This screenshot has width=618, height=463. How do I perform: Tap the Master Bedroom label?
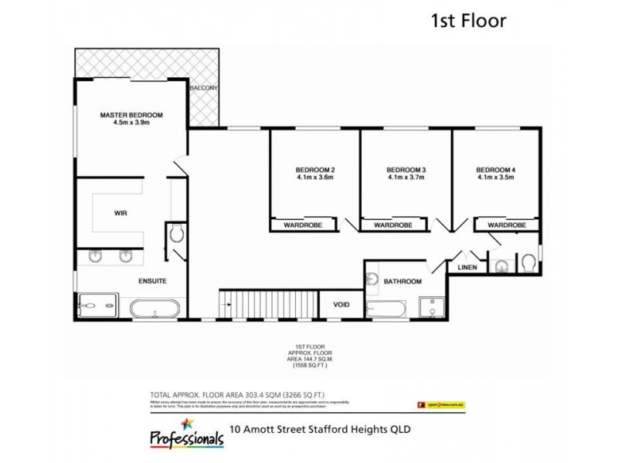point(131,115)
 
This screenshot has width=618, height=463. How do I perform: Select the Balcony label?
point(204,88)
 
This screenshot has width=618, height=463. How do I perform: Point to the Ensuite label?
point(152,281)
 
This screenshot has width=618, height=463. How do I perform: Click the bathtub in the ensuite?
point(155,310)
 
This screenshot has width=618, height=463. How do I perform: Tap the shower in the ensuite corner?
point(97,306)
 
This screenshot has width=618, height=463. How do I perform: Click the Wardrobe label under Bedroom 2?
point(303,225)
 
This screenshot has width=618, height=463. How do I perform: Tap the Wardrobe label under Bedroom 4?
point(507,225)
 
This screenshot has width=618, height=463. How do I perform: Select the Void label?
point(341,305)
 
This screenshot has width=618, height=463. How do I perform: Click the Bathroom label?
point(402,282)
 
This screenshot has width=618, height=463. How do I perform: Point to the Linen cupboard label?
point(468,268)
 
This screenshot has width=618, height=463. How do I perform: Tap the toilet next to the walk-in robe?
point(175,233)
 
